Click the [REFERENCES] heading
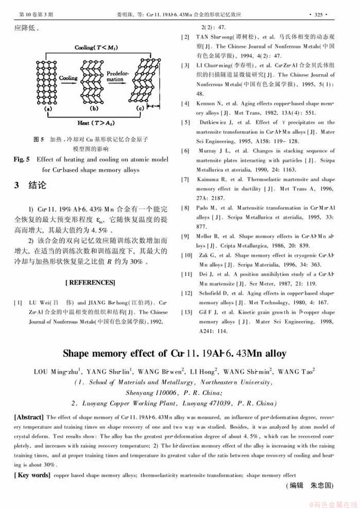(91, 283)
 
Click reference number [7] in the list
(185, 179)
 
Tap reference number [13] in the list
(187, 313)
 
